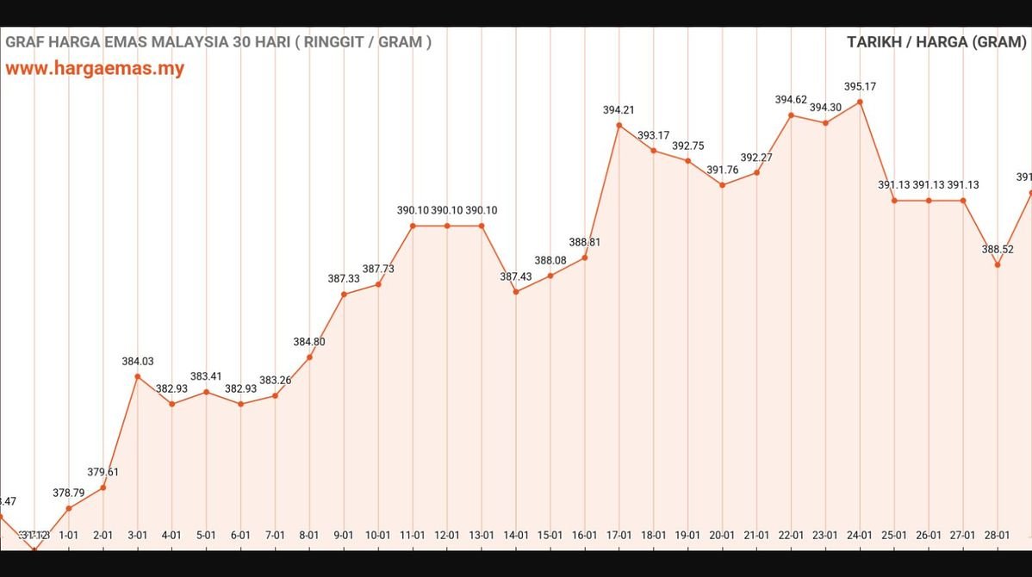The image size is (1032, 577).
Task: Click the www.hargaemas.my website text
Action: (95, 69)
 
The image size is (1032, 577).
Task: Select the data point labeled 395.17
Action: (860, 102)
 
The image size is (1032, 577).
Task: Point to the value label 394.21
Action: (619, 110)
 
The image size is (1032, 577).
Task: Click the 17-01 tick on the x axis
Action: (619, 535)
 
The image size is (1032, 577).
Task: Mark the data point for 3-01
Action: (137, 376)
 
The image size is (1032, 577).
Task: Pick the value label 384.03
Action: (137, 362)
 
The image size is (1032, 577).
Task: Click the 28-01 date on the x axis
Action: (998, 535)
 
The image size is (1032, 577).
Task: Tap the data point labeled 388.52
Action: (998, 264)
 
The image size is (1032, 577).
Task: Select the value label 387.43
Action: (515, 276)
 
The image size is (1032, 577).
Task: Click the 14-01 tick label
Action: (515, 535)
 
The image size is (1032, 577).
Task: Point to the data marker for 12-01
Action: (447, 226)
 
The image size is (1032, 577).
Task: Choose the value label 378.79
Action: (69, 493)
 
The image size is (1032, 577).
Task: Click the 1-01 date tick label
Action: (69, 535)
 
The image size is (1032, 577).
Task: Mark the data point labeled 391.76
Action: (722, 185)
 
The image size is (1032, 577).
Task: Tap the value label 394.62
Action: (791, 100)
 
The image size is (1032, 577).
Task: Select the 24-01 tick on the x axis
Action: (860, 535)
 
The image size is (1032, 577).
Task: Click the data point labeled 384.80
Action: (309, 357)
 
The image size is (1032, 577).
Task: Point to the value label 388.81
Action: (584, 243)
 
